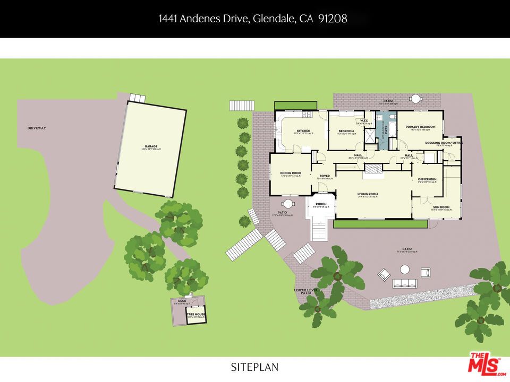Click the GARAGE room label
tap(151, 146)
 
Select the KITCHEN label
tap(303, 131)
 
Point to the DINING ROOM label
tap(291, 173)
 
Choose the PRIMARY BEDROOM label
tap(420, 127)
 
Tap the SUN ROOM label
tap(441, 207)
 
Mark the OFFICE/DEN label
tap(427, 179)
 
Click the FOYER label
tap(324, 176)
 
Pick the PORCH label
tap(321, 204)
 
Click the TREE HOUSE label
tap(195, 315)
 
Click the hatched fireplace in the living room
tap(373, 169)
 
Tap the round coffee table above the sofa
tap(405, 270)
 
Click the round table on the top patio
tap(416, 99)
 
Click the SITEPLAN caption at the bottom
tap(254, 367)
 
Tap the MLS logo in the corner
tap(484, 363)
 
